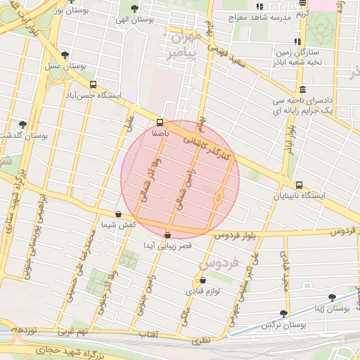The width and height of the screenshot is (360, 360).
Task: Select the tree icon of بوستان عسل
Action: tap(65, 54)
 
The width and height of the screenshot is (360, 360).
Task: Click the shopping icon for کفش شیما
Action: tap(117, 214)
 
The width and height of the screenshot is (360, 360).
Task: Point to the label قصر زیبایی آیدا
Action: tap(167, 246)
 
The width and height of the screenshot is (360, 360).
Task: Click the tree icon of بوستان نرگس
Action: tap(283, 314)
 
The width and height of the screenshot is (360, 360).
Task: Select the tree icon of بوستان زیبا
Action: tap(332, 297)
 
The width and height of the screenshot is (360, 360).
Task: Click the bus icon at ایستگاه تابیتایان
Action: tap(300, 185)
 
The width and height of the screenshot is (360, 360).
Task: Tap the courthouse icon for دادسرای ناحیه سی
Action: tap(302, 89)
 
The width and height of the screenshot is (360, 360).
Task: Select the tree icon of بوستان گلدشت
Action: tap(22, 124)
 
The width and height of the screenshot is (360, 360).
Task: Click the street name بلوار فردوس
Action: tap(238, 232)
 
